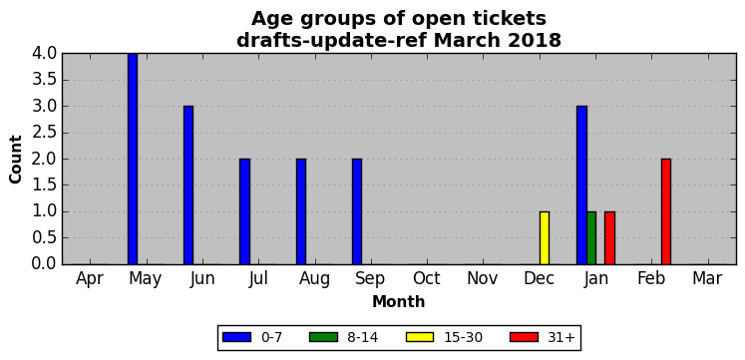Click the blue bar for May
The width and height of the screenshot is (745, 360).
coord(133,159)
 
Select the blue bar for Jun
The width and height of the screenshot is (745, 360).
coord(188,185)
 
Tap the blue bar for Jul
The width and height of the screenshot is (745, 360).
coord(244,211)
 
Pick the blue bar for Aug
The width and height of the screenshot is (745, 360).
coord(301,211)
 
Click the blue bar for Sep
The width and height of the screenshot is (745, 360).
coord(357,211)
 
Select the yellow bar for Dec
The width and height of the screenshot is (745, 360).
coord(545,238)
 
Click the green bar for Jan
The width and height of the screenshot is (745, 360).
coord(591,238)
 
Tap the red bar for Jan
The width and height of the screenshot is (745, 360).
coord(610,238)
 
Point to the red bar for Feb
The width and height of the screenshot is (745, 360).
coord(666,211)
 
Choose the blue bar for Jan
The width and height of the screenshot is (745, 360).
coord(582,185)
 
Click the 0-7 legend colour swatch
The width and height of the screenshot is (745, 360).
coord(236,337)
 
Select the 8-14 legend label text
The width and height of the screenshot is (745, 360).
coord(363,338)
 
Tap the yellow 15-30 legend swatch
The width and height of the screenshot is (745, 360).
coord(420,337)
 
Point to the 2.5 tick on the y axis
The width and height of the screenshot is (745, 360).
coord(44,133)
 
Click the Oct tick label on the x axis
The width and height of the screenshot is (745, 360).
coord(427,279)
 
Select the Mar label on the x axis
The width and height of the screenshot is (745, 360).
coord(707,279)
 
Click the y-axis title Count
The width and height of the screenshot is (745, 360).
coord(16,160)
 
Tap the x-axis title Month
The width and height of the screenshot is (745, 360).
coord(399,301)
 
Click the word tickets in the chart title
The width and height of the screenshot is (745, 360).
coord(503,19)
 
